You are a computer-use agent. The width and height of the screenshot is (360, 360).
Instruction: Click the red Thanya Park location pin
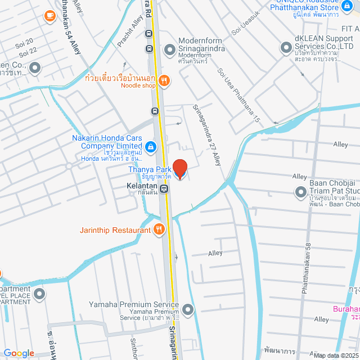click(179, 168)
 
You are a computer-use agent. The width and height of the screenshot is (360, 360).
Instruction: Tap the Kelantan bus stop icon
click(164, 189)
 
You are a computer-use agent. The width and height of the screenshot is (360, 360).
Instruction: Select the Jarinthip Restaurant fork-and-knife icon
click(159, 229)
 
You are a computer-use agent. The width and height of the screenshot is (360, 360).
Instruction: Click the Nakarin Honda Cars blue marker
click(150, 147)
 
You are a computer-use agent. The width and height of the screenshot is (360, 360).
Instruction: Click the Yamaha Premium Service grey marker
click(188, 309)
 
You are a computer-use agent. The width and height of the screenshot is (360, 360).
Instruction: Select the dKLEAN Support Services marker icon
click(285, 48)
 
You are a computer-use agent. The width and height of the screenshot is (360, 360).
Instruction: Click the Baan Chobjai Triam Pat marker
click(300, 193)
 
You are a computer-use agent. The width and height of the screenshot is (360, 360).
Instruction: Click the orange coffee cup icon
click(50, 15)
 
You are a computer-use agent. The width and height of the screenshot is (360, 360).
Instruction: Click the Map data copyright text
click(336, 355)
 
